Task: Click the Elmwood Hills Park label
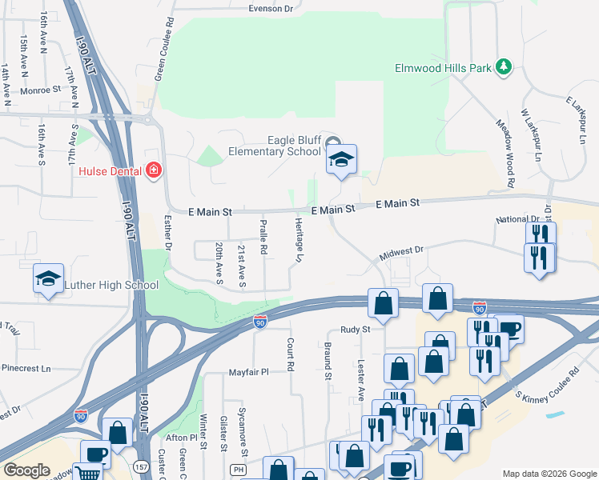coord(443,69)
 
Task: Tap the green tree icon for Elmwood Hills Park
coord(504,67)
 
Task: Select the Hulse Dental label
coord(110,170)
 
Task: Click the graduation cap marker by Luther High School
coord(48,279)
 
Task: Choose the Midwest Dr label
coord(401,251)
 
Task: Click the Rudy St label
coord(355,329)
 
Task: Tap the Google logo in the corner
coord(26,470)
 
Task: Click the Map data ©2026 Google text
coord(549,474)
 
